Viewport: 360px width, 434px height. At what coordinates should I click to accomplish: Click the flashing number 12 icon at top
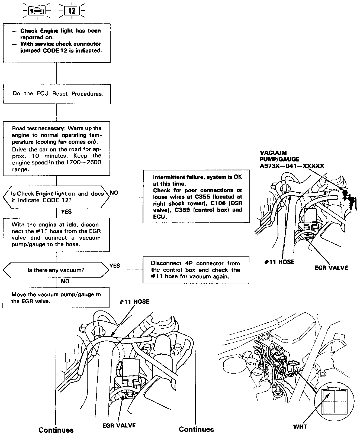[x=72, y=11]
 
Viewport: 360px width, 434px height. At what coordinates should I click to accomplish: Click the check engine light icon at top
[x=37, y=11]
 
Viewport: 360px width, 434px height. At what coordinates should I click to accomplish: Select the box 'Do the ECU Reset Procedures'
[x=57, y=94]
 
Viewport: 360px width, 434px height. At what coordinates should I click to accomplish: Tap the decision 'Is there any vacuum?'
[x=56, y=270]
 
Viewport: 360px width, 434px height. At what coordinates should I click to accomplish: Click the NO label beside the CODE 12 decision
[x=114, y=193]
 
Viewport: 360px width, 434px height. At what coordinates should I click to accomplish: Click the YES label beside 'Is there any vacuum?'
[x=115, y=266]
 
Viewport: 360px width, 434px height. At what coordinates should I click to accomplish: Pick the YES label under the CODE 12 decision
[x=66, y=212]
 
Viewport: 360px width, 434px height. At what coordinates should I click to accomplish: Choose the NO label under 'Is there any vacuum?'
[x=65, y=281]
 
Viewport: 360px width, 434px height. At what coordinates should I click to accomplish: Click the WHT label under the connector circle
[x=300, y=427]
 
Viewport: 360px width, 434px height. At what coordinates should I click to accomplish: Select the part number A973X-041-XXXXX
[x=292, y=166]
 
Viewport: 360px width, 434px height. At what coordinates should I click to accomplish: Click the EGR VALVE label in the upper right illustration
[x=331, y=268]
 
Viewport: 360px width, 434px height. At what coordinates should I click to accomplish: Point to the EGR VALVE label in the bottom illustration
[x=119, y=425]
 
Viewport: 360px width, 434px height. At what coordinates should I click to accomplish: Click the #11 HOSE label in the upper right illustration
[x=279, y=262]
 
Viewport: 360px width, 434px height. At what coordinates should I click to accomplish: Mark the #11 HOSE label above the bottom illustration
[x=134, y=302]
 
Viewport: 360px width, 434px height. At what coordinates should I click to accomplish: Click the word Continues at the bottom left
[x=56, y=430]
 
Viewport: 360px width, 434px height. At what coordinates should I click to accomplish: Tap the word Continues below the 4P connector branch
[x=196, y=429]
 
